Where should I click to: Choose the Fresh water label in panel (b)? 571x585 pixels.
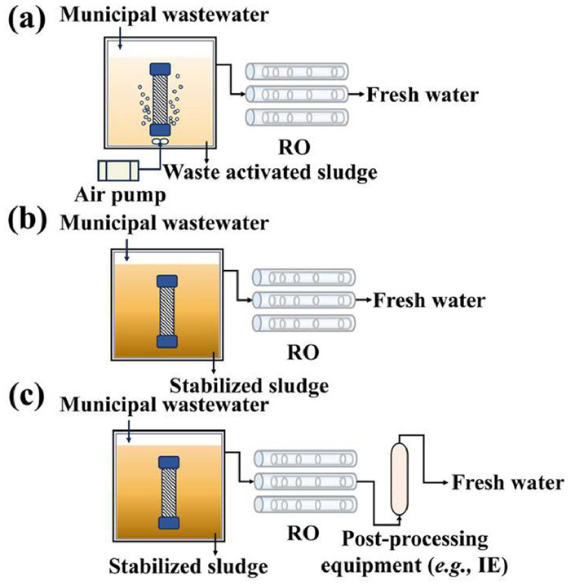tap(430, 300)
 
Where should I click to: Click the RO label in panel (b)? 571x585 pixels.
tap(303, 352)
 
